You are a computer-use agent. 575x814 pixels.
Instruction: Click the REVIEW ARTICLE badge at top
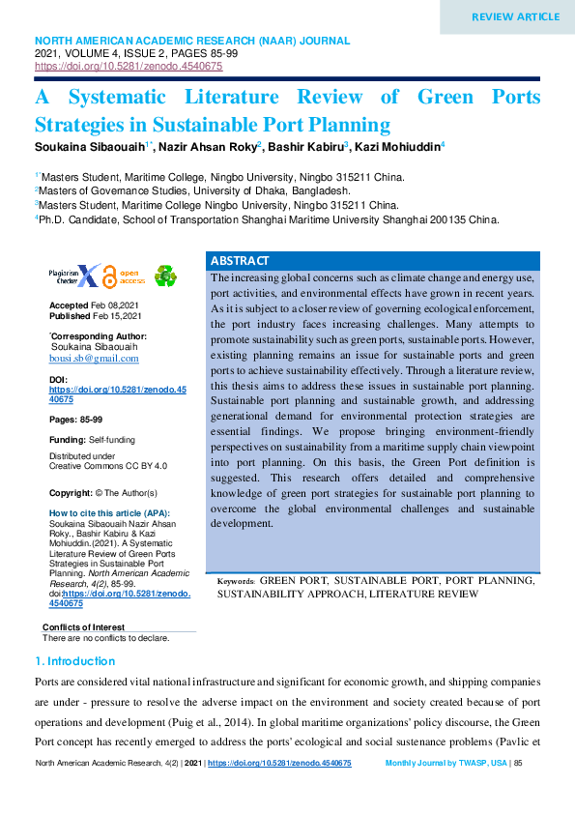515,16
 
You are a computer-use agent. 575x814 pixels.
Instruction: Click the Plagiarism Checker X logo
74,276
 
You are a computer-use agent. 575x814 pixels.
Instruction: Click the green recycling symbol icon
165,276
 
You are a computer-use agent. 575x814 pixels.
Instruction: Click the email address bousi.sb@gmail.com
94,358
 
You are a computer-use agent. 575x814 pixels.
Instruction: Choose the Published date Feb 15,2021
117,316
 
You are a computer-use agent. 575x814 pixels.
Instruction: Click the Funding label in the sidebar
67,440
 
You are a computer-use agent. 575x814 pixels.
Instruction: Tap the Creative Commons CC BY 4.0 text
107,466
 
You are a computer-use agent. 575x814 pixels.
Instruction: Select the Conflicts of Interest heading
83,628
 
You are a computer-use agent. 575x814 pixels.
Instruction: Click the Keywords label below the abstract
236,581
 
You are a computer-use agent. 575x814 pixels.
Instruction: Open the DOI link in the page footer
279,764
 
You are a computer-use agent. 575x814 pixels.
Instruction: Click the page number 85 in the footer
518,764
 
